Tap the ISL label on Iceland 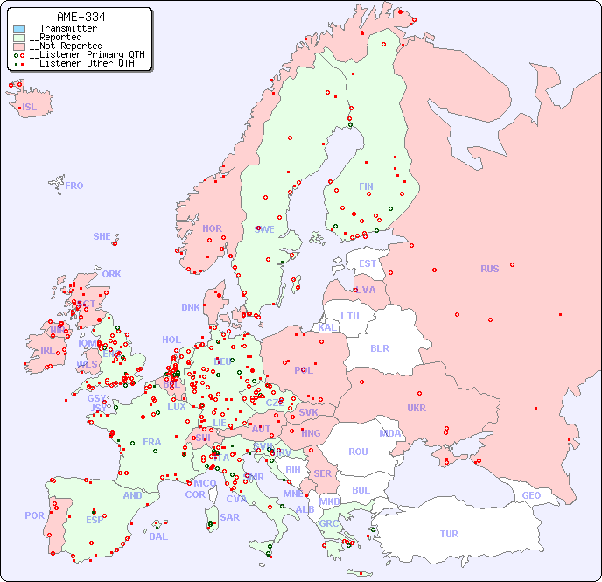pyautogui.click(x=30, y=108)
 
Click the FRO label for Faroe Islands pyautogui.click(x=74, y=186)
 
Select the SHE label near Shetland pyautogui.click(x=101, y=236)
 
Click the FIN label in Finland pyautogui.click(x=366, y=186)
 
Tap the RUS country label pyautogui.click(x=489, y=269)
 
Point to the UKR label pyautogui.click(x=416, y=408)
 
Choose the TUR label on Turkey pyautogui.click(x=449, y=534)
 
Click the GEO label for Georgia pyautogui.click(x=531, y=495)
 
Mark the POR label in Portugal pyautogui.click(x=34, y=515)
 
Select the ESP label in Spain pyautogui.click(x=94, y=519)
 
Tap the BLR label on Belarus pyautogui.click(x=380, y=347)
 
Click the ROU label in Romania pyautogui.click(x=358, y=452)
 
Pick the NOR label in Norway pyautogui.click(x=212, y=228)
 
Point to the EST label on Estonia pyautogui.click(x=367, y=263)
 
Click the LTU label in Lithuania pyautogui.click(x=350, y=316)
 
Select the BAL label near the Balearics pyautogui.click(x=158, y=536)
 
